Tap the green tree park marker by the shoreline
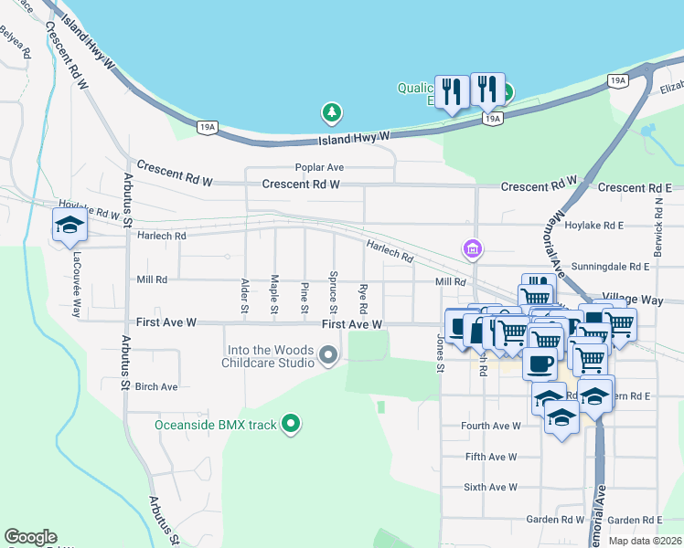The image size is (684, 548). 332,113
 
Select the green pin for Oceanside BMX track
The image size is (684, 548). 292,423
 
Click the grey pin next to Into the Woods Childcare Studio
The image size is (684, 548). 328,356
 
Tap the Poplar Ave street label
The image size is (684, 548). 318,167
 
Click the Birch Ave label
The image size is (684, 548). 155,386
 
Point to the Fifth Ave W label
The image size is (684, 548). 490,457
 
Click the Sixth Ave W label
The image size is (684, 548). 490,488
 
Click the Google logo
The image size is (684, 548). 30,537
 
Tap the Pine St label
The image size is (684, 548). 305,299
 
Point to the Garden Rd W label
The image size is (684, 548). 554,520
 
